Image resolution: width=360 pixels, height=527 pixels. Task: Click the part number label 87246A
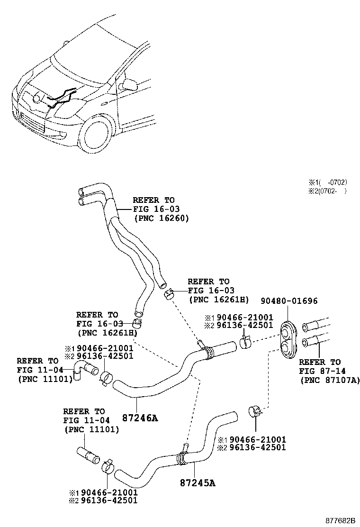click(x=140, y=418)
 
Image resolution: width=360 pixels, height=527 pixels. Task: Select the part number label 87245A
click(x=197, y=483)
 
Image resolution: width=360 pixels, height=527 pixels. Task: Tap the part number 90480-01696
click(x=289, y=301)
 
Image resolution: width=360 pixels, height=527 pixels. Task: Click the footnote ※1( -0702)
click(x=328, y=182)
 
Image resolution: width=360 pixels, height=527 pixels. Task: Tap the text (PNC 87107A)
click(x=329, y=380)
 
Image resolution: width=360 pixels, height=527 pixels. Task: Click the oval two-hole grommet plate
click(x=288, y=340)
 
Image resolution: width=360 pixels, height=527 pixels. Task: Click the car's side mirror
click(x=128, y=85)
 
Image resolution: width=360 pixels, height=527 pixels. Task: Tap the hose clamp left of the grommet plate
click(x=246, y=342)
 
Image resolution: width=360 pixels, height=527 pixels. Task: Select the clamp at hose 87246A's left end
click(x=107, y=379)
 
